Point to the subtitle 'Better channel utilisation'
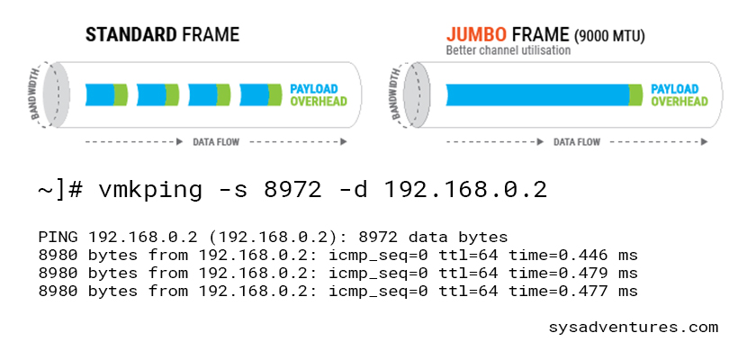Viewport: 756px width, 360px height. [508, 50]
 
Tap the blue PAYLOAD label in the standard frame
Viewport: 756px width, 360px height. [313, 89]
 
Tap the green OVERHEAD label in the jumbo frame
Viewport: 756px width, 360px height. [674, 102]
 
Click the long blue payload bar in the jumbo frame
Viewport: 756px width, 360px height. [536, 94]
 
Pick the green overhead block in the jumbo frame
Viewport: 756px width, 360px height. [635, 94]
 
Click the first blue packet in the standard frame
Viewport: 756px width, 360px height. [99, 94]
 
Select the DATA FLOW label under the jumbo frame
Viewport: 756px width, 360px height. [577, 142]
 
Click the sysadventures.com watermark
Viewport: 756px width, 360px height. [633, 327]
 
